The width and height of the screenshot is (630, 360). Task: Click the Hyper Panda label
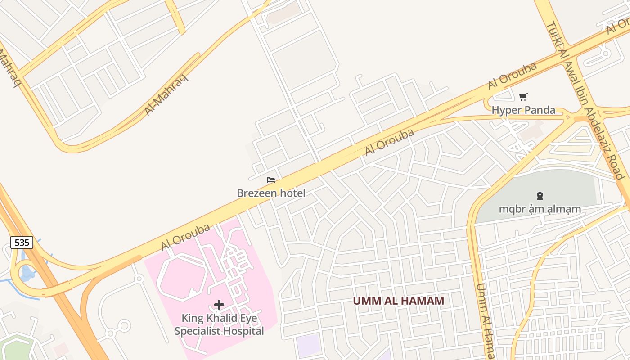point(523,110)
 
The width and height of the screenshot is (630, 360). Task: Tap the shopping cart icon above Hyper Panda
point(523,97)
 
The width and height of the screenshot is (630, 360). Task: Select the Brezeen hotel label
point(271,193)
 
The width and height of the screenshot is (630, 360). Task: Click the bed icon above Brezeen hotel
point(271,180)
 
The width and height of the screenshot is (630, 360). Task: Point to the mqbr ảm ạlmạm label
point(540,209)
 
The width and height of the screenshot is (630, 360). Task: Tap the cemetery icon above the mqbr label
point(540,195)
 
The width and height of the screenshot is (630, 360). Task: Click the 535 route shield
point(22,243)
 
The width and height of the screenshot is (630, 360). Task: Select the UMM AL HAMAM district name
point(398,301)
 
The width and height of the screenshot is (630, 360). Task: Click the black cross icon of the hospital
point(219,305)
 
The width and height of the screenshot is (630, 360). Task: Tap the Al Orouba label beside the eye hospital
point(185,237)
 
